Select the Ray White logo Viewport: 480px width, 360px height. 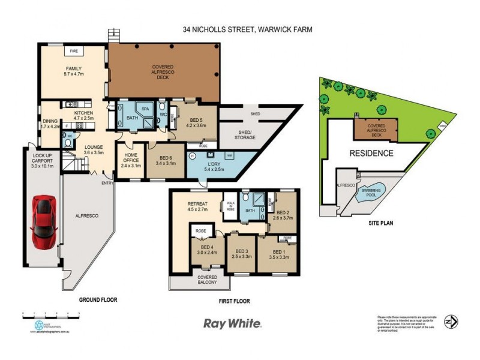(x=233, y=323)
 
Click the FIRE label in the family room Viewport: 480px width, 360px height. (x=75, y=51)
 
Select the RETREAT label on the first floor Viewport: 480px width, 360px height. (x=197, y=207)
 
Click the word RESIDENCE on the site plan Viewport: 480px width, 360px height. (x=371, y=153)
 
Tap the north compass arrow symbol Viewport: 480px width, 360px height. (x=451, y=322)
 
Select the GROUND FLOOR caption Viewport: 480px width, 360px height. (x=98, y=299)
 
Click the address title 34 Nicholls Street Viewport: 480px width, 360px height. (x=248, y=29)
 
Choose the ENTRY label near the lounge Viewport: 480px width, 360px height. (x=107, y=183)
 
